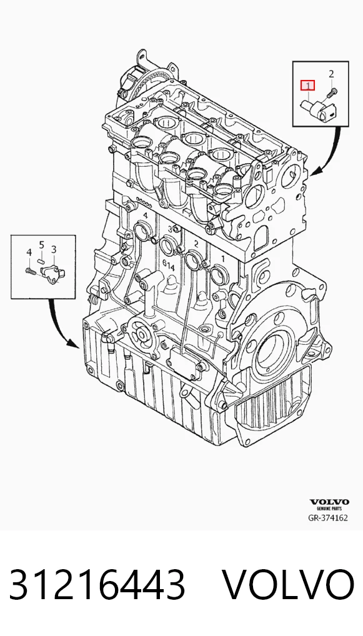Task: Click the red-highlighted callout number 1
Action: [x=307, y=86]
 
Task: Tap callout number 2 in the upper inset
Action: [x=331, y=74]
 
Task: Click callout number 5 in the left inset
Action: [x=41, y=244]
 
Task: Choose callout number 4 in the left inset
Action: [x=29, y=252]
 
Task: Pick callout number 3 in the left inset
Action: [x=54, y=249]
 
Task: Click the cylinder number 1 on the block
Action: [x=222, y=258]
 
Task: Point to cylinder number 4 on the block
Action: [x=144, y=215]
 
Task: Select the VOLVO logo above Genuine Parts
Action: [x=329, y=502]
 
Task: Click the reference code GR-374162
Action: [x=328, y=517]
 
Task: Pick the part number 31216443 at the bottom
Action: [x=97, y=585]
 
